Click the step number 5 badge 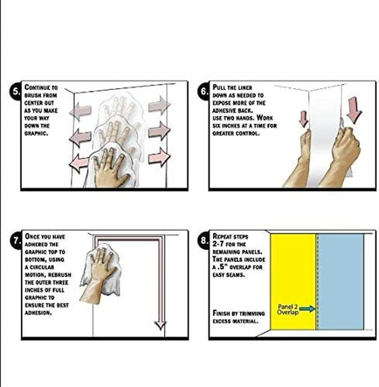16,91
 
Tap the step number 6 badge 203,91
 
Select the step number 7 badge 16,240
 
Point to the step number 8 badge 203,240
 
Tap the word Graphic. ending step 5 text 36,134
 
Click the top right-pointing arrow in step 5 159,105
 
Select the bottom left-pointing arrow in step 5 79,163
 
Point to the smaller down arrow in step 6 304,119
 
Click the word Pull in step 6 218,87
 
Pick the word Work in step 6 265,118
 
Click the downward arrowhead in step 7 160,325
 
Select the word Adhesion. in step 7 38,313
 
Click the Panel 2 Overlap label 288,309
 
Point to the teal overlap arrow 307,308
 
